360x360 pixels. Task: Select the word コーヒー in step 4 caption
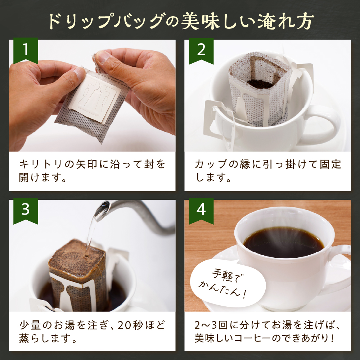pyautogui.click(x=268, y=339)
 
